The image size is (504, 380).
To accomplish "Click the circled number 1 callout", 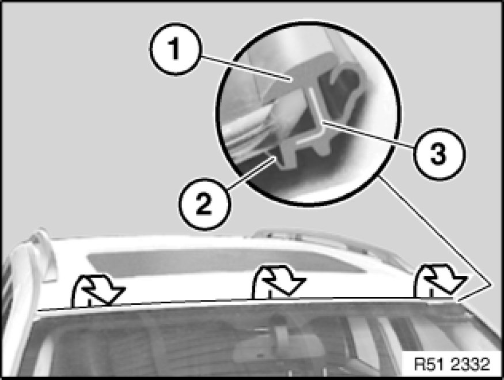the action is tap(176, 49).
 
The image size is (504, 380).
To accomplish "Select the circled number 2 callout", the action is tap(204, 204).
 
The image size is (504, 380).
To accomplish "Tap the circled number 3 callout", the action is tap(438, 154).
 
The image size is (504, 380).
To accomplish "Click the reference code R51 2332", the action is tap(451, 364).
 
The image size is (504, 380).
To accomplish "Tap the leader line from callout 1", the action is tap(246, 68).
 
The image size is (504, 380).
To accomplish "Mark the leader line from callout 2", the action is tap(251, 173).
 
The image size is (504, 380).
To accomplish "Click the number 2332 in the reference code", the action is tap(471, 364).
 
